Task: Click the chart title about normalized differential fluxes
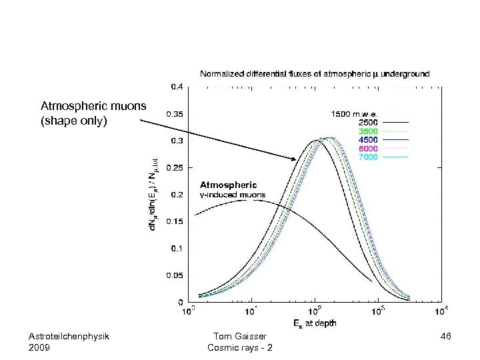click(x=315, y=73)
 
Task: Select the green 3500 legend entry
click(x=369, y=131)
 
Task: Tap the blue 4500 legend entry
click(x=369, y=140)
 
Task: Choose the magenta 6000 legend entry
click(x=369, y=149)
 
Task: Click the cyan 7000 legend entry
click(x=369, y=157)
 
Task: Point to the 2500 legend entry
click(x=369, y=123)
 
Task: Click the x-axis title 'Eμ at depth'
click(x=315, y=323)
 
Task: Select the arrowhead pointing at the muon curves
click(x=295, y=159)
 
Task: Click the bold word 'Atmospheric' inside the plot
click(x=228, y=184)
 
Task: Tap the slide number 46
click(x=446, y=337)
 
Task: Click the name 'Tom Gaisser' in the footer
click(x=239, y=337)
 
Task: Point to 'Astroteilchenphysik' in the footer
click(x=69, y=337)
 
